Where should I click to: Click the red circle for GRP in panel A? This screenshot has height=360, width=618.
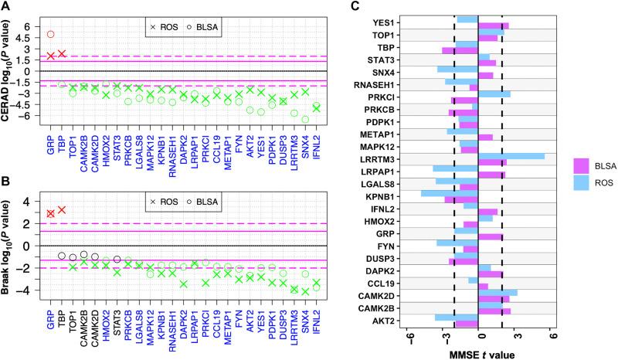[51, 34]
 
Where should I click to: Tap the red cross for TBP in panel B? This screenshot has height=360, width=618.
[62, 209]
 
